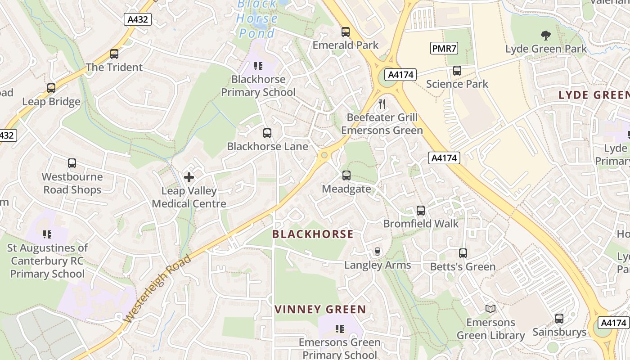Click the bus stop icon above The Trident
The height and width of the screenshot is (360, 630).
click(114, 54)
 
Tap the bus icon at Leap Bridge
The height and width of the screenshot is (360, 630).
click(51, 88)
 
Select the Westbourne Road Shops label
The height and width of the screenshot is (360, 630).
click(72, 183)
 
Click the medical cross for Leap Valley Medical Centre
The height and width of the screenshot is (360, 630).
click(189, 177)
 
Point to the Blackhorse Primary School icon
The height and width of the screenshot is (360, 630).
click(258, 66)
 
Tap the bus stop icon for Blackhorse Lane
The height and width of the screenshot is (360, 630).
click(267, 133)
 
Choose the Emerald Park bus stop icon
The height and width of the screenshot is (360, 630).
click(346, 32)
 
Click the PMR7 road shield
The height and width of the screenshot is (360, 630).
click(444, 48)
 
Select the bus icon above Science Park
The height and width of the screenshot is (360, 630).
click(457, 71)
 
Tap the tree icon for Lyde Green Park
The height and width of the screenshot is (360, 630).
click(546, 35)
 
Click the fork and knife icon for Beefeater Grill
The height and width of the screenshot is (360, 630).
click(382, 104)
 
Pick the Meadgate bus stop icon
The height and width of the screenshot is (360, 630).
click(346, 175)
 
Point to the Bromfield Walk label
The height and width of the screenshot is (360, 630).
click(421, 224)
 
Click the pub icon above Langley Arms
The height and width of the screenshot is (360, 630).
click(378, 252)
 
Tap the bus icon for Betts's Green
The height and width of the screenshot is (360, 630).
click(463, 253)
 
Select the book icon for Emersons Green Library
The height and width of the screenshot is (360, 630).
click(490, 309)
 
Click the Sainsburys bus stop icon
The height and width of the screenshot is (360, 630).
click(559, 319)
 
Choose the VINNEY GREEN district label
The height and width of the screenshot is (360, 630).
click(320, 310)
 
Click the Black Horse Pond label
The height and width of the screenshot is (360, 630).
click(257, 19)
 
